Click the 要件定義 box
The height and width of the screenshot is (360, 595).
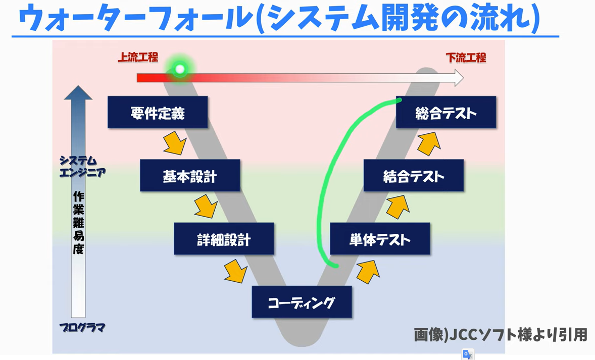[158, 112]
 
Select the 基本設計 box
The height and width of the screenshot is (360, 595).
[190, 176]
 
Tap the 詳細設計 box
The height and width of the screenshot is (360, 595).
[224, 239]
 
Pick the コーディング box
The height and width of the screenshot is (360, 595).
[302, 302]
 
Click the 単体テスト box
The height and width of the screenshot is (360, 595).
[380, 239]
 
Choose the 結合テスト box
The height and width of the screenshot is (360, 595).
[413, 176]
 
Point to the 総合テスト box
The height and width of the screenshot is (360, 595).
[445, 112]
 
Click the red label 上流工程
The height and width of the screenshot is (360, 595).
[138, 57]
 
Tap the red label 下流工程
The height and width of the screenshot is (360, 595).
[466, 58]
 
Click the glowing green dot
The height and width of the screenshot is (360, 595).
[180, 69]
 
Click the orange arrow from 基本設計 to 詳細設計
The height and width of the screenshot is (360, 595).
[206, 206]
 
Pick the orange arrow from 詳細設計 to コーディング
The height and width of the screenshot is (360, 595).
[236, 271]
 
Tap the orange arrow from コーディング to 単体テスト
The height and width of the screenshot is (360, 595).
[368, 271]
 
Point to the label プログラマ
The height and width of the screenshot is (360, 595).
[82, 328]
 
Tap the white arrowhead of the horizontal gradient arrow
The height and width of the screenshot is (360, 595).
[458, 78]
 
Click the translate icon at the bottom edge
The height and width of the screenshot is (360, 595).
[468, 354]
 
